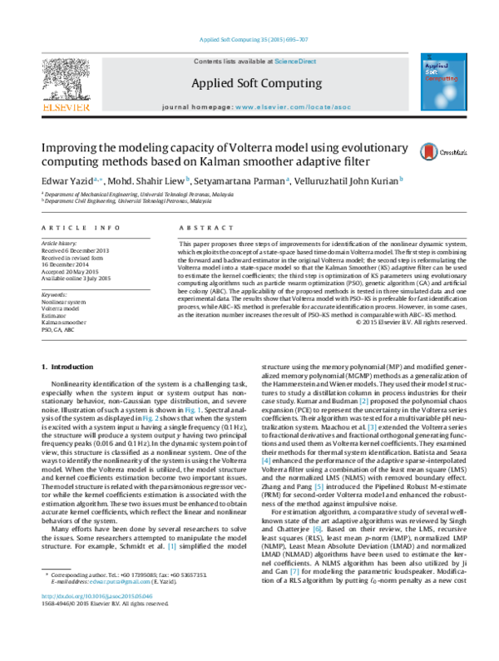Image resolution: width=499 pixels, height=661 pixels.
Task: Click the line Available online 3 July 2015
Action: [77, 279]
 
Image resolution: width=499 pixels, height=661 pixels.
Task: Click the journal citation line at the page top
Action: [249, 39]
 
